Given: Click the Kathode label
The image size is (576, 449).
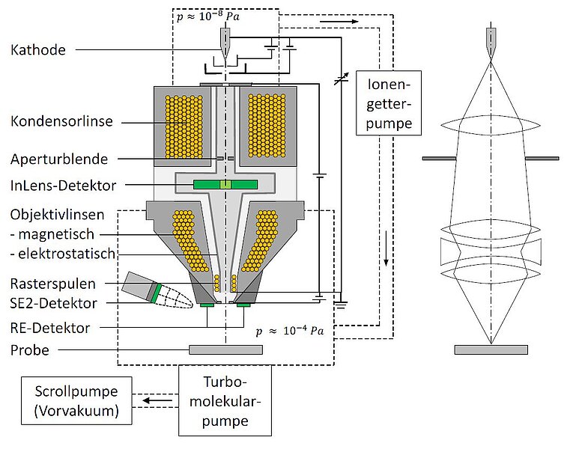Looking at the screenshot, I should point(38,51).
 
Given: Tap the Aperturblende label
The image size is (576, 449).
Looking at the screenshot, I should point(59,159).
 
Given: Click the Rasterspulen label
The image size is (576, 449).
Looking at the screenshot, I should point(52,284).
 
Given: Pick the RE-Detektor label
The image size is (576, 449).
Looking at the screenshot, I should point(51,328).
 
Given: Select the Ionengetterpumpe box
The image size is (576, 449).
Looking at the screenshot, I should point(385,103).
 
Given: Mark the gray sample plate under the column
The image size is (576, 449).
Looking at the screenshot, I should point(225,349).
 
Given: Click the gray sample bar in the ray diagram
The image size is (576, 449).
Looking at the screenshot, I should point(491,349).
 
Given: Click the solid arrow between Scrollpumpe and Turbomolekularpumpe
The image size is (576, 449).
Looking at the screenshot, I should point(156,401).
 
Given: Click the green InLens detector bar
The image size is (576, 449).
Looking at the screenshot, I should point(225,184).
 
